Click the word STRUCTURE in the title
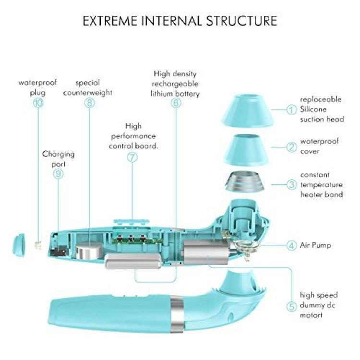pyautogui.click(x=241, y=21)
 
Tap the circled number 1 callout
pyautogui.click(x=291, y=109)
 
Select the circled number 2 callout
pyautogui.click(x=291, y=147)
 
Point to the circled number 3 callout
pyautogui.click(x=291, y=184)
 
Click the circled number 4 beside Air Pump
pyautogui.click(x=291, y=245)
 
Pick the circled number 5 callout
pyautogui.click(x=291, y=306)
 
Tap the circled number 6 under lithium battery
pyautogui.click(x=176, y=103)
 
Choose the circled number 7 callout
pyautogui.click(x=132, y=157)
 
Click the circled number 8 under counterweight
pyautogui.click(x=89, y=103)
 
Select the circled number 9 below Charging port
pyautogui.click(x=58, y=174)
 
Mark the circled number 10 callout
pyautogui.click(x=38, y=103)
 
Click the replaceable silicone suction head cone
pyautogui.click(x=248, y=110)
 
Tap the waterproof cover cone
pyautogui.click(x=246, y=150)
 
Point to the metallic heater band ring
pyautogui.click(x=245, y=181)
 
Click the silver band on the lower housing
pyautogui.click(x=177, y=314)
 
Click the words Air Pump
pyautogui.click(x=315, y=245)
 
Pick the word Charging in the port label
pyautogui.click(x=58, y=154)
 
